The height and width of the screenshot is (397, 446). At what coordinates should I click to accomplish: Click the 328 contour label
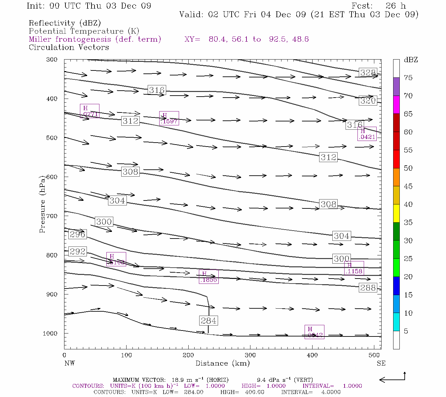click(368, 73)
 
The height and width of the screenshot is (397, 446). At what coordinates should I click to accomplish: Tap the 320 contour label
click(368, 101)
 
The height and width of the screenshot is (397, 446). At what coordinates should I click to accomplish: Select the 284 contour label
click(208, 321)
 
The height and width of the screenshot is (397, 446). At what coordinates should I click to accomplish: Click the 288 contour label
click(368, 288)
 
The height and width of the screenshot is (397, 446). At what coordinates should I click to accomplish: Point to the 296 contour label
click(78, 234)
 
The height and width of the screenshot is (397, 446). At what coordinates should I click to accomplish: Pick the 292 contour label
click(78, 251)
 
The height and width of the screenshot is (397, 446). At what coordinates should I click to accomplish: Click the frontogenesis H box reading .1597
click(169, 118)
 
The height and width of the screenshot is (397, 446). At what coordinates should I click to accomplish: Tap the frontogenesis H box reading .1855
click(208, 277)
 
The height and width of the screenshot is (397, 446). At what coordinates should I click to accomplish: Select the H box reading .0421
click(367, 134)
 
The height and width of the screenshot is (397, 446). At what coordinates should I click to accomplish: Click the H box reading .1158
click(354, 268)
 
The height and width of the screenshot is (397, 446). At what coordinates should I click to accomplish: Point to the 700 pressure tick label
click(52, 216)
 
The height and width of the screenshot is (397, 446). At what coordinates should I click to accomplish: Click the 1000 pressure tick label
click(50, 333)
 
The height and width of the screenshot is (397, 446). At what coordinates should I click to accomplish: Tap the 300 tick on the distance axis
click(250, 355)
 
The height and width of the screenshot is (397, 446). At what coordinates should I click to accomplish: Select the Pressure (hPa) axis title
click(42, 204)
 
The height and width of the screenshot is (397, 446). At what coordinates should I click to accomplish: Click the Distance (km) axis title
click(222, 363)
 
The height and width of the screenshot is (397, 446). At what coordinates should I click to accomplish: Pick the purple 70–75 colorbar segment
click(396, 87)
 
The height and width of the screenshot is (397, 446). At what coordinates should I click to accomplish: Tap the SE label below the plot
click(381, 363)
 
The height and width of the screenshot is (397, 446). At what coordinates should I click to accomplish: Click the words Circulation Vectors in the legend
click(69, 47)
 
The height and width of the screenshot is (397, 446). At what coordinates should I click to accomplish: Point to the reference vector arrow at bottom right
click(392, 378)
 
